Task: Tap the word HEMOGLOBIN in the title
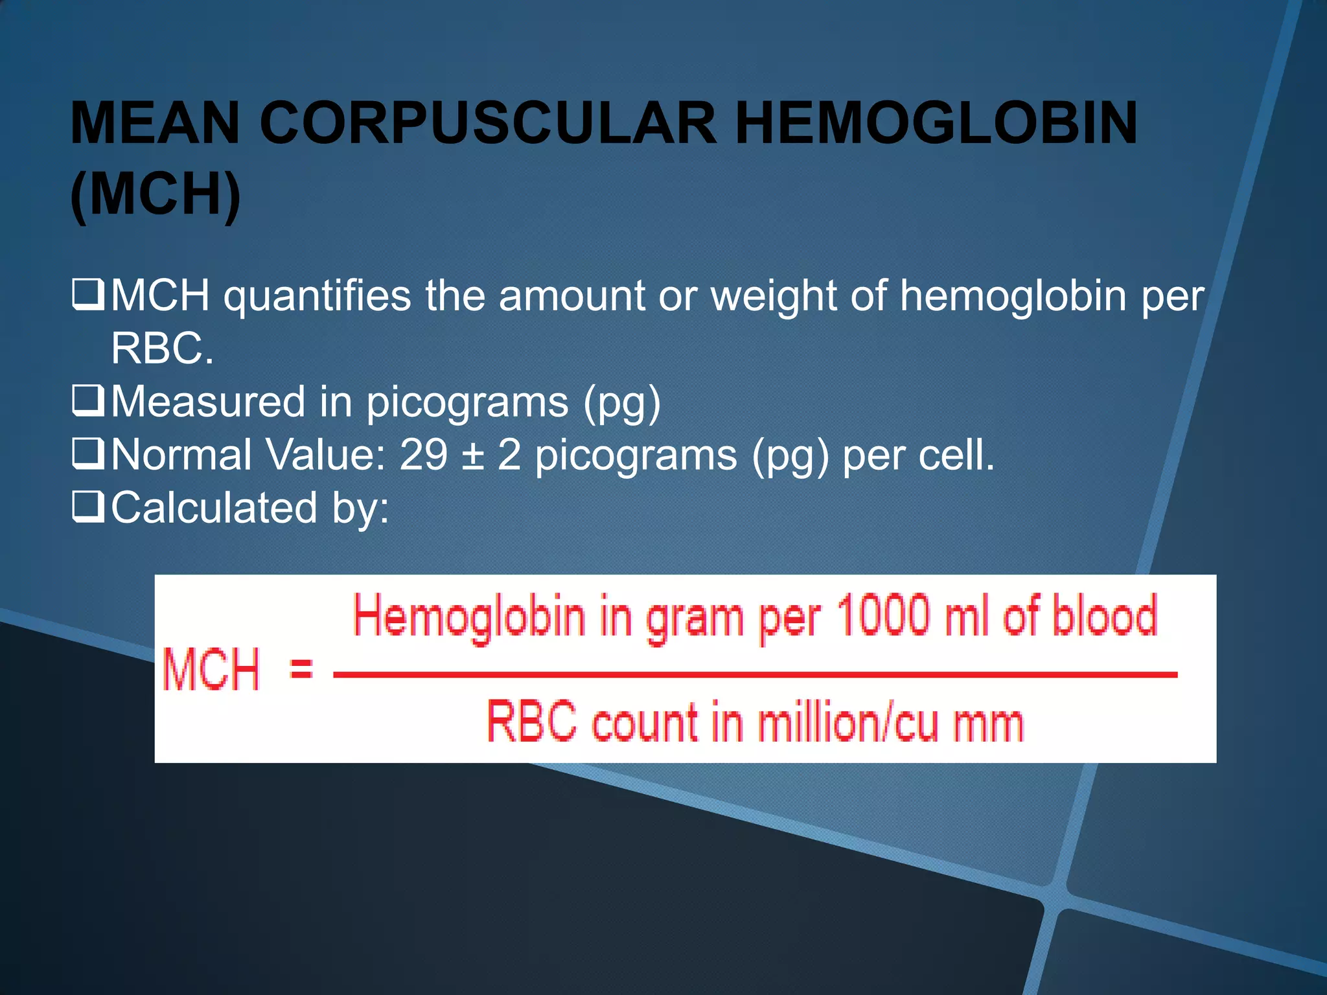click(x=936, y=123)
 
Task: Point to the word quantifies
click(x=317, y=297)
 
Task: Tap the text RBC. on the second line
click(x=162, y=349)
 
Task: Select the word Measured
click(x=207, y=402)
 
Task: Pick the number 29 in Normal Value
click(x=423, y=455)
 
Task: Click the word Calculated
click(x=214, y=507)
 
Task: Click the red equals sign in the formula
click(x=301, y=668)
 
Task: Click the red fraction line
click(x=755, y=674)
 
